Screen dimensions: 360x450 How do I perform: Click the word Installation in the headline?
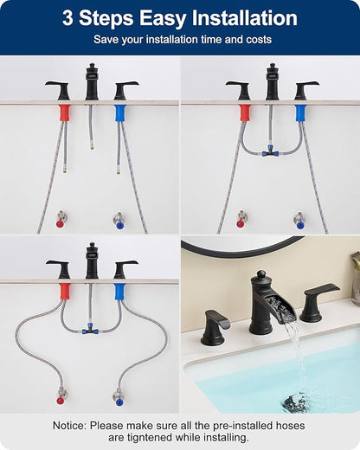tap(245, 18)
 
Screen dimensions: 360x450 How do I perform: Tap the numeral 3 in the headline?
tap(67, 18)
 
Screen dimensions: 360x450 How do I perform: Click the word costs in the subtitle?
tap(259, 39)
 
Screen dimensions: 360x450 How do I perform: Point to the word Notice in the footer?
tap(69, 426)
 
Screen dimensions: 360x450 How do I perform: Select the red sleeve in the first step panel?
tap(65, 112)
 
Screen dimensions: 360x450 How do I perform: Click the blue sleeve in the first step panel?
tap(119, 112)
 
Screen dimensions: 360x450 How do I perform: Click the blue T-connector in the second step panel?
tap(270, 151)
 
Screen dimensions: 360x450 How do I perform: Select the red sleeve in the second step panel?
tap(245, 112)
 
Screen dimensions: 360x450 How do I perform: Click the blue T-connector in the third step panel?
tap(90, 330)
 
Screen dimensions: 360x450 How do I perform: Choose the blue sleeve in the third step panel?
tap(119, 292)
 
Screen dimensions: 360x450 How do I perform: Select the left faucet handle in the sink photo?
tap(215, 327)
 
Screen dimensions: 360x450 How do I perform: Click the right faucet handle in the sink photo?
tap(318, 302)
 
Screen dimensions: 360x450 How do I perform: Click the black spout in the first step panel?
tap(92, 81)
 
